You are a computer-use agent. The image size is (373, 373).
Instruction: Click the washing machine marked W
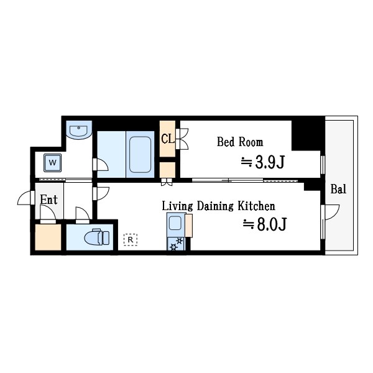(x=52, y=163)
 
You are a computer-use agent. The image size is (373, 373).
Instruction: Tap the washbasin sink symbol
(x=79, y=131)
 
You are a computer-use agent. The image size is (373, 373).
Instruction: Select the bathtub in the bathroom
(x=140, y=154)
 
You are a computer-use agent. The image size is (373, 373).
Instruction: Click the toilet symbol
(x=97, y=237)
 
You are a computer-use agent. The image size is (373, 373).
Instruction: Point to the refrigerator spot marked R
(x=130, y=239)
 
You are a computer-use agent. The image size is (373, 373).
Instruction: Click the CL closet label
(x=167, y=139)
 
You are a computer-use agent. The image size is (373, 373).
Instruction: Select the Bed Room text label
(x=239, y=142)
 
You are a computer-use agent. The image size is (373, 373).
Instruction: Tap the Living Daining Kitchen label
(x=218, y=206)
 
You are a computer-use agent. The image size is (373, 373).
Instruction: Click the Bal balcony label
(x=338, y=190)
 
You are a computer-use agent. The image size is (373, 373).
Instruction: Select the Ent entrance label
(x=49, y=200)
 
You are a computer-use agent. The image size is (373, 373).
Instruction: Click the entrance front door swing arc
(x=25, y=198)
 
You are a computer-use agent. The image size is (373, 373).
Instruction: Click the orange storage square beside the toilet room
(x=48, y=237)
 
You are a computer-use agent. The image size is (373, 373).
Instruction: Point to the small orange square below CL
(x=167, y=170)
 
